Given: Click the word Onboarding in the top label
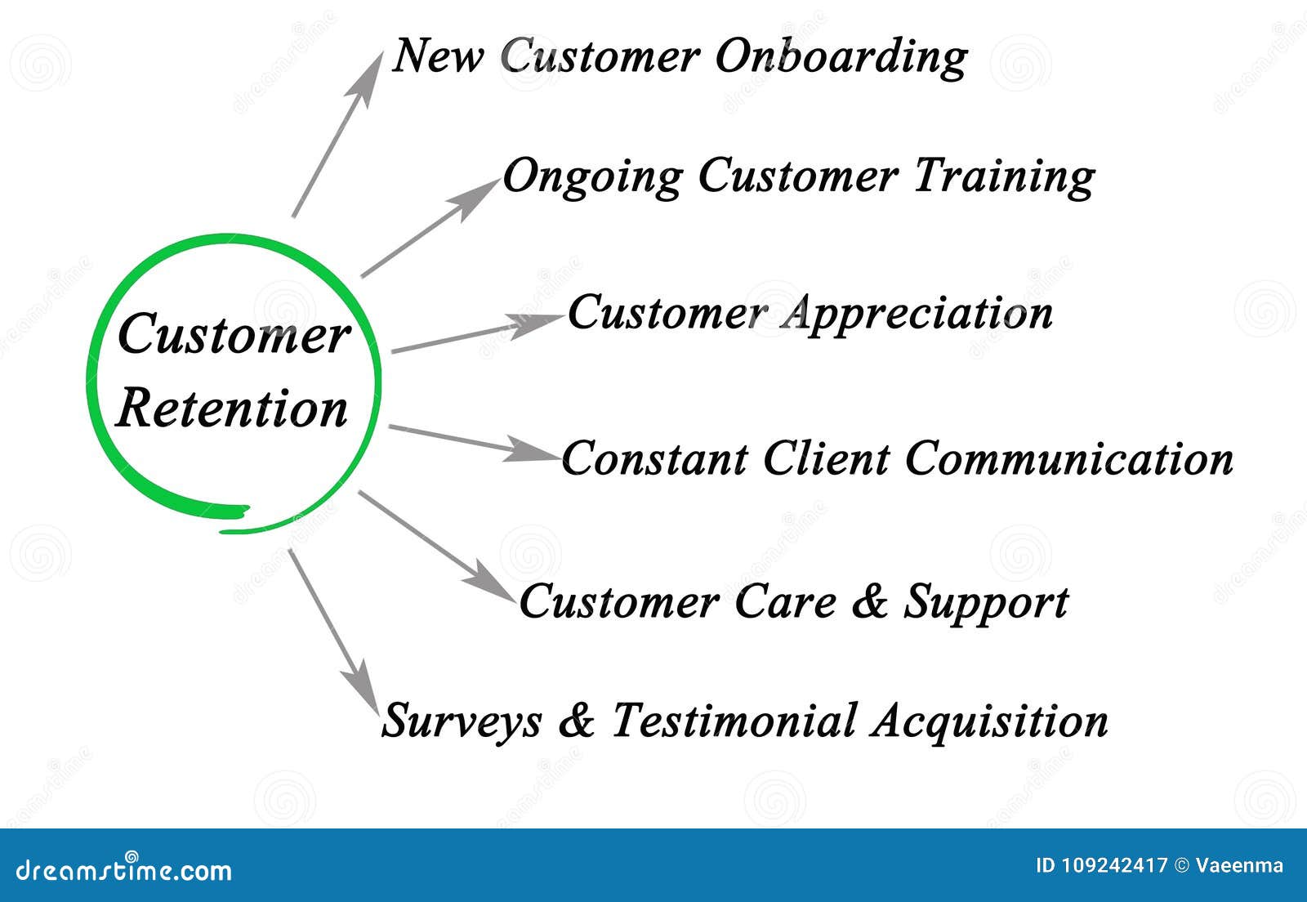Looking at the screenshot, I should [841, 57].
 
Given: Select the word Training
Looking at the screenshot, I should [1004, 176].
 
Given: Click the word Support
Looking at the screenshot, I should [985, 603].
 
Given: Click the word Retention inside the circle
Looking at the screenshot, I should [233, 409].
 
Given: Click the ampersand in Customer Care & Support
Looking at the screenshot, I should [869, 601].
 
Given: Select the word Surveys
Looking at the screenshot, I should [462, 721].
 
